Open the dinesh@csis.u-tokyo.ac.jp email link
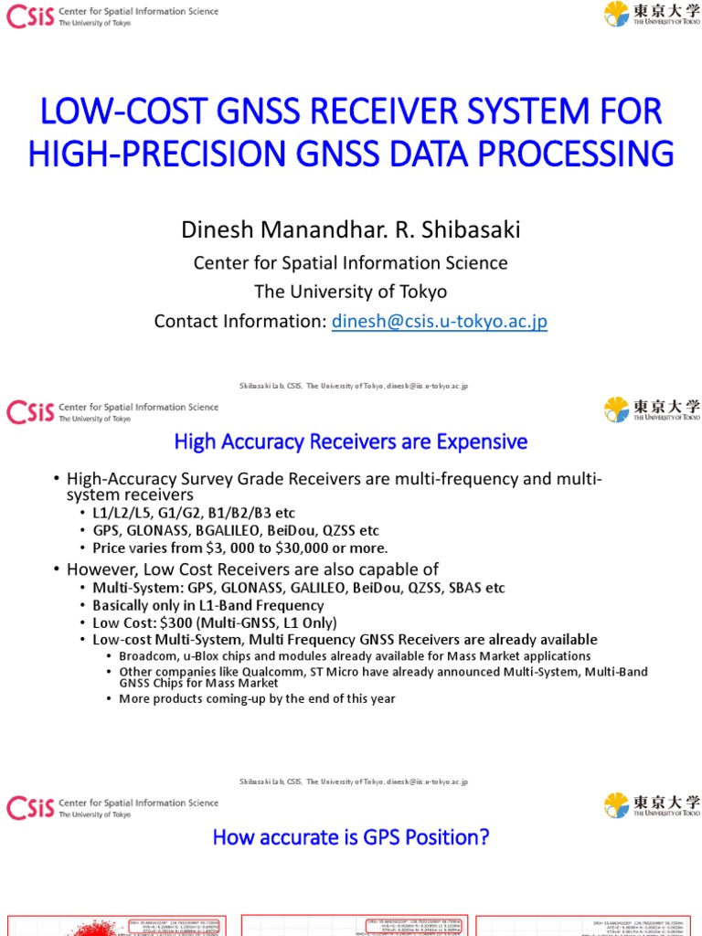tap(440, 322)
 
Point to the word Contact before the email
tap(188, 322)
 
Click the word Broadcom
tap(150, 656)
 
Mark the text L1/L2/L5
tap(124, 513)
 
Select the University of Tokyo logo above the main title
tap(652, 14)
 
